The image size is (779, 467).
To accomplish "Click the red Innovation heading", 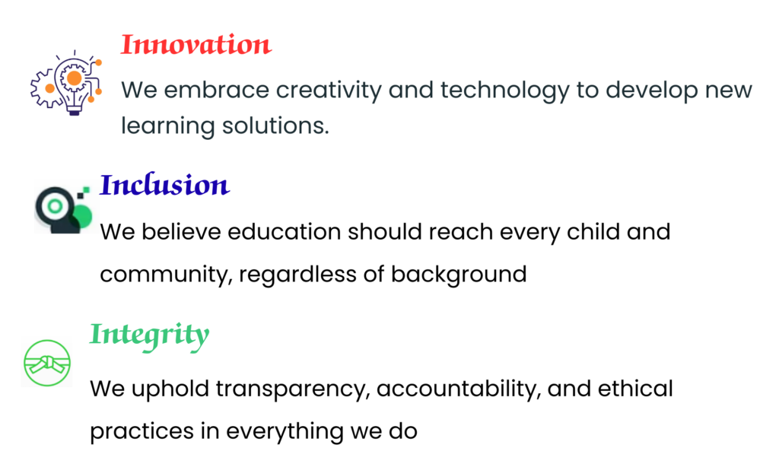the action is coord(196,44).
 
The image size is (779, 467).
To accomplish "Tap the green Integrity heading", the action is coord(150,336).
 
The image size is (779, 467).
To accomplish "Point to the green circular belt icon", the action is coord(47,363).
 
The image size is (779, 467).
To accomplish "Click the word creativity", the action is coord(329,91).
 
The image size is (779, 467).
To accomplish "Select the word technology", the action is coord(505,91).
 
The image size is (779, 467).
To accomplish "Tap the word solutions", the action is coord(275,125).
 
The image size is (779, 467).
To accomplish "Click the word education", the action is coord(285,232).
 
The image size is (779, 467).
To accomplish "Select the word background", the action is coord(459,275).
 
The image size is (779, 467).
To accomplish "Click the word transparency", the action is coord(294,389).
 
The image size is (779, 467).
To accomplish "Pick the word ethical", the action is coord(635,389).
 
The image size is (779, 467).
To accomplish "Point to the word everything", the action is coord(285,432).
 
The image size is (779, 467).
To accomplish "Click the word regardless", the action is coord(297,275).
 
